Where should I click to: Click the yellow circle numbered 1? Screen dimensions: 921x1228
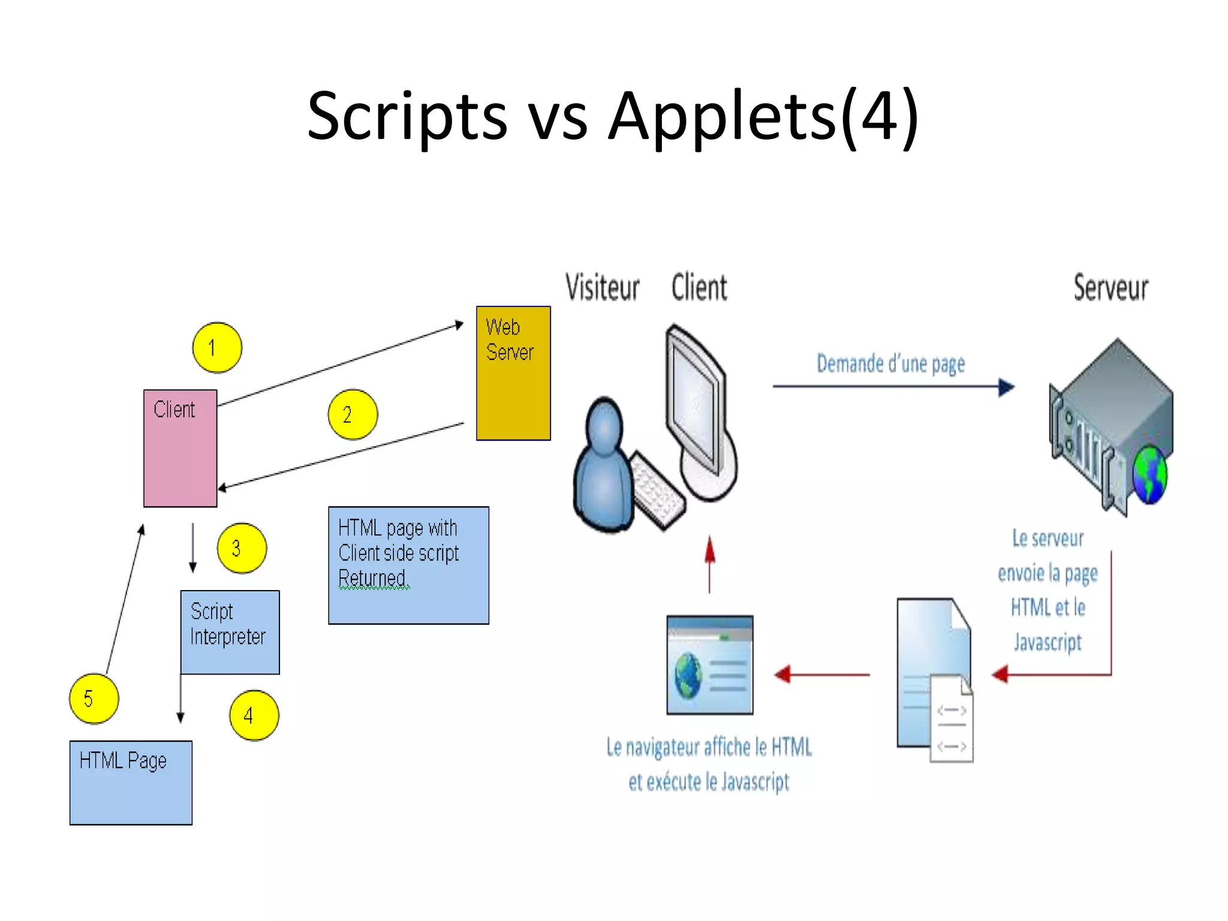click(x=217, y=348)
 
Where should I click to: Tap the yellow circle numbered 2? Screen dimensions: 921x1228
click(x=353, y=414)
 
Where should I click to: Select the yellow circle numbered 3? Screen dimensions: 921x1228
click(x=242, y=548)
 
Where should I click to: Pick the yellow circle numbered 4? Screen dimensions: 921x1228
click(x=254, y=715)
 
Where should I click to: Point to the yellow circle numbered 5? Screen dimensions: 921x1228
click(x=94, y=699)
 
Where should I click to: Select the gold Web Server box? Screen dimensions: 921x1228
click(x=513, y=373)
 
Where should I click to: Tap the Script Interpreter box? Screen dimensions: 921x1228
click(x=230, y=632)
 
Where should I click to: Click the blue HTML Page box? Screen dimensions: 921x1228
click(x=131, y=782)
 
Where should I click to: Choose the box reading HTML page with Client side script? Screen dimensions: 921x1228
click(x=408, y=565)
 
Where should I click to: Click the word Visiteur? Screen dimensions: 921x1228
click(x=602, y=288)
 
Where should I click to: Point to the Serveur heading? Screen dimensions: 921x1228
click(x=1110, y=288)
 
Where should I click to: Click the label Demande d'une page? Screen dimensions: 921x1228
click(x=890, y=364)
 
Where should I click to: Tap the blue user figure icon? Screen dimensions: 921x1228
click(x=603, y=468)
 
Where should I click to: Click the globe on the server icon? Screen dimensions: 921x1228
click(x=1149, y=477)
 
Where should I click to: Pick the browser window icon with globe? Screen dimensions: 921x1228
click(x=710, y=664)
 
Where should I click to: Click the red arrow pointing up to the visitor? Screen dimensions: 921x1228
click(x=710, y=564)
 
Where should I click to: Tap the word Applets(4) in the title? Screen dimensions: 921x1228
click(x=763, y=115)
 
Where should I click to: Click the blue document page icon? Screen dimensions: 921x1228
click(x=932, y=672)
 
